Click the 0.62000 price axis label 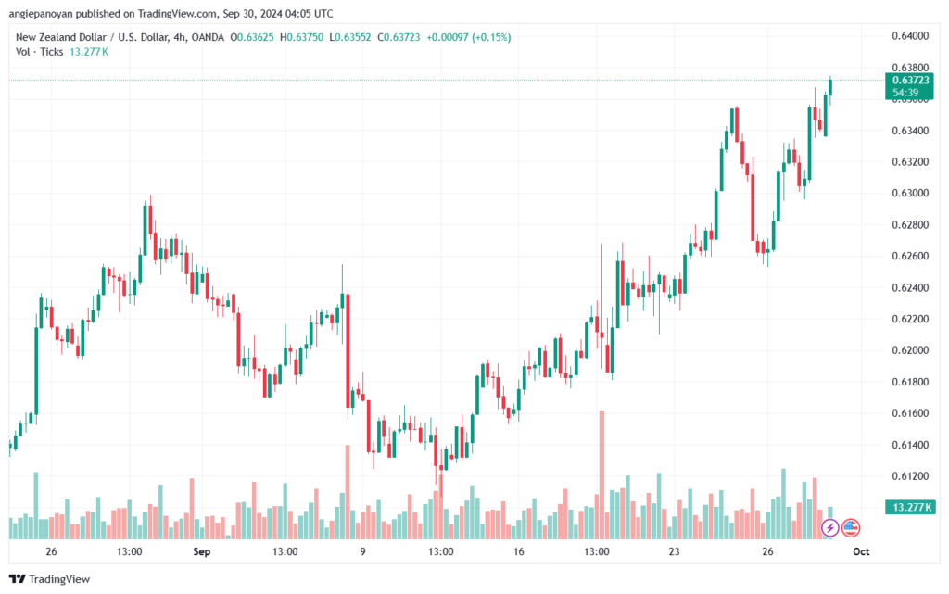coord(910,351)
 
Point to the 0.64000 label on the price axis coord(910,36)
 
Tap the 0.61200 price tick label coord(910,476)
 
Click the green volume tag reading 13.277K coord(910,507)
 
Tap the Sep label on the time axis coord(201,551)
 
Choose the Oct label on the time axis coord(861,551)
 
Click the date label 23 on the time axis coord(675,551)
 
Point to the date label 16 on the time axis coord(519,551)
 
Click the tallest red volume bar coord(601,474)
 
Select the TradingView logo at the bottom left coord(50,579)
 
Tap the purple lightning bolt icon coord(829,528)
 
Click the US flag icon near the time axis coord(851,528)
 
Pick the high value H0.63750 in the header coord(302,37)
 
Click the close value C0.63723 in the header coord(399,37)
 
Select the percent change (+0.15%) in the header coord(491,37)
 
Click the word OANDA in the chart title coord(208,37)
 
